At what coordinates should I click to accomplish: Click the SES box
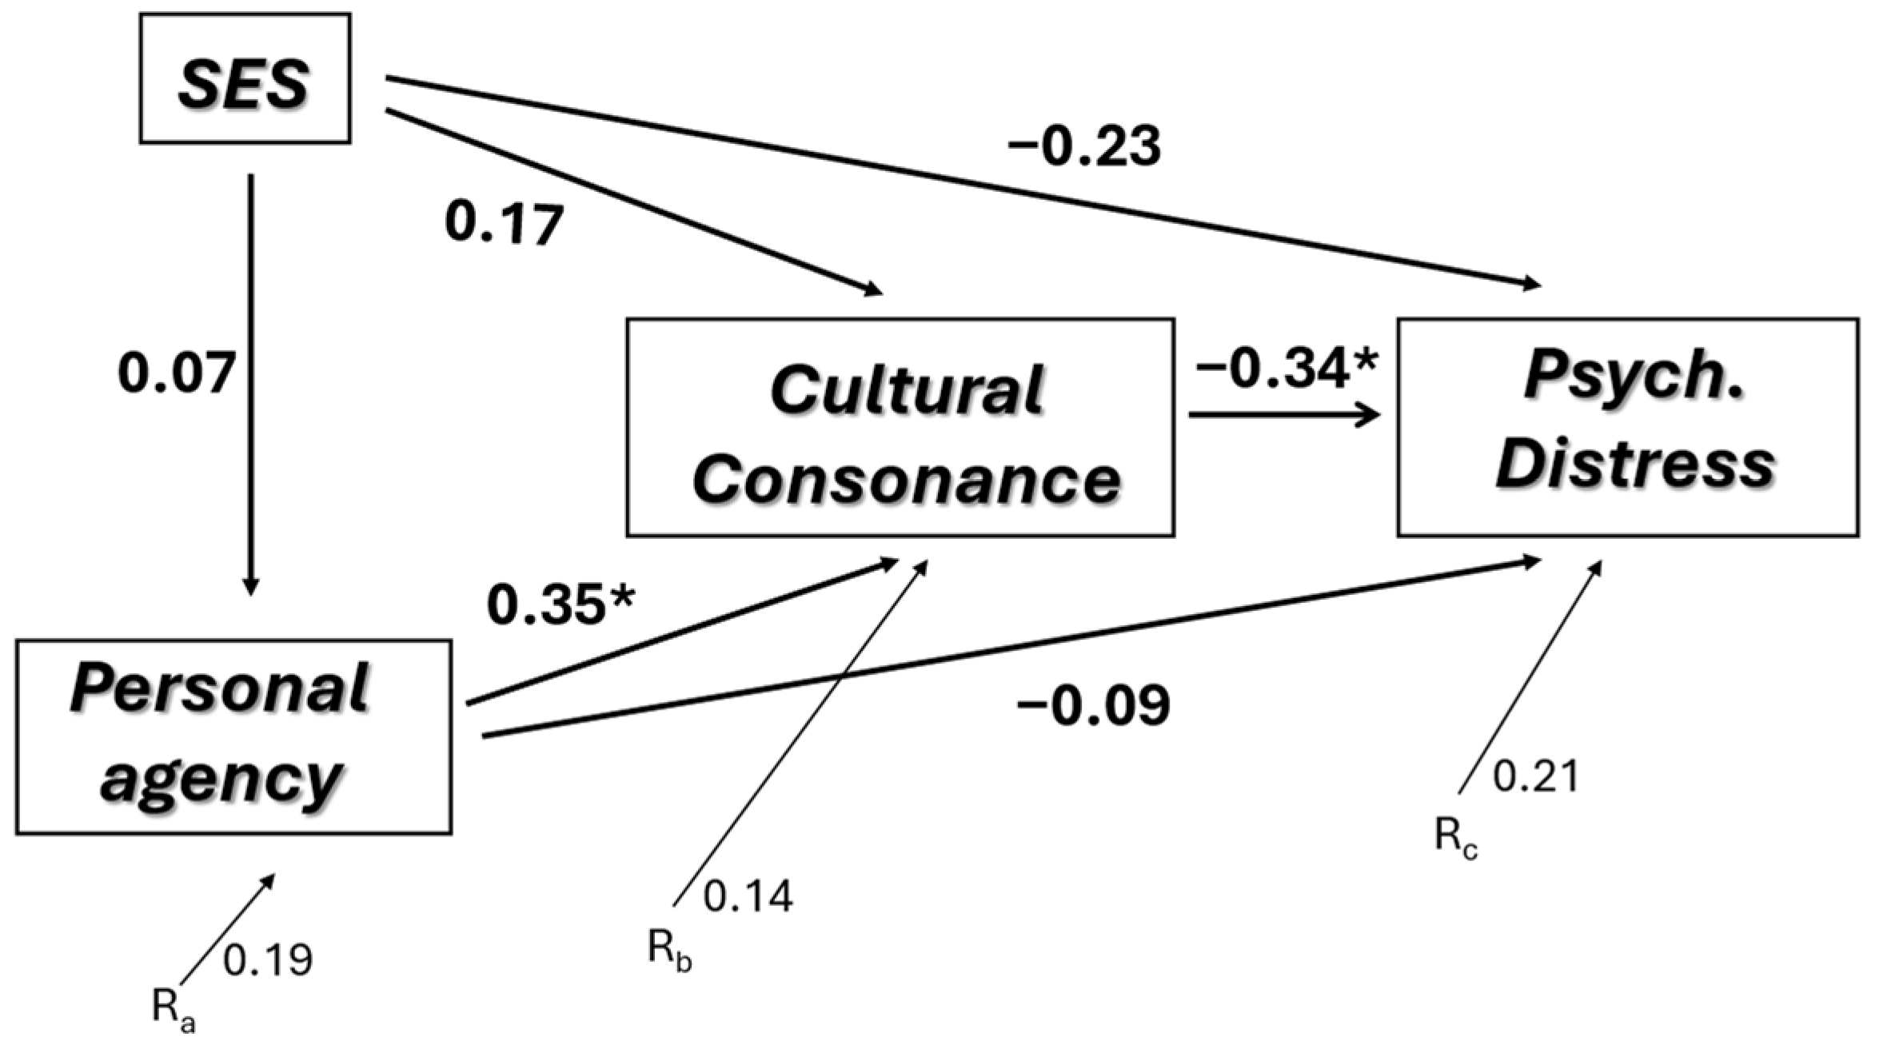(245, 78)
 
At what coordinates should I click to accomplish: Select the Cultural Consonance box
(900, 427)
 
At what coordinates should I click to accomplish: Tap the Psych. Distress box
(1627, 427)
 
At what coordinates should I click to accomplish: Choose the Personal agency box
(233, 736)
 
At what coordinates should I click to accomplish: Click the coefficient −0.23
(1083, 148)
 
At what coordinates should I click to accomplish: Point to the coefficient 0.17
(504, 225)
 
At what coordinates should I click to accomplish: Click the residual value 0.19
(268, 960)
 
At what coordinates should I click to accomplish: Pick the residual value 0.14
(748, 896)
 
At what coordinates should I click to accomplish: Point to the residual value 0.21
(1536, 777)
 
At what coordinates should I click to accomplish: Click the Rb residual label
(669, 951)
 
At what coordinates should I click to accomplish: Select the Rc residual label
(1456, 839)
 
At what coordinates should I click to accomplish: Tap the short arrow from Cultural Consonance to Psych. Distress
(1284, 415)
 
